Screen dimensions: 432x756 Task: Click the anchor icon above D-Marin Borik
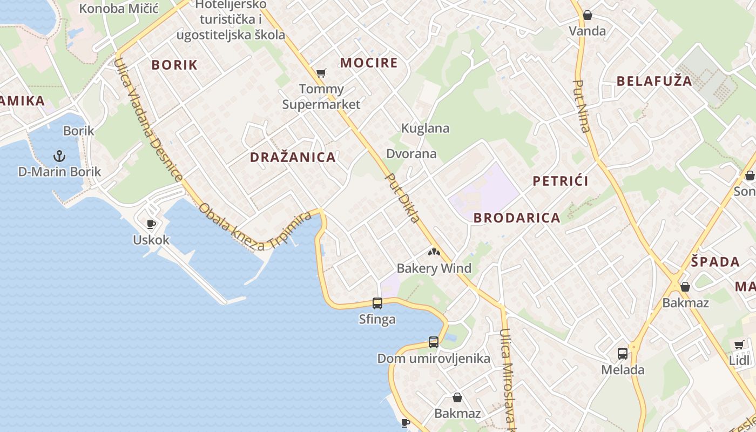tap(59, 157)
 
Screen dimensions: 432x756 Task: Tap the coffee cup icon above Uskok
tap(151, 224)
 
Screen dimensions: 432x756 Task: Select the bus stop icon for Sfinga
tap(377, 303)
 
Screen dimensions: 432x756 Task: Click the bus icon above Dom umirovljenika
tap(434, 342)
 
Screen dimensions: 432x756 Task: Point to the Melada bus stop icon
tap(623, 354)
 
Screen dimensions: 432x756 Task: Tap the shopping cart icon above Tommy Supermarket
tap(321, 73)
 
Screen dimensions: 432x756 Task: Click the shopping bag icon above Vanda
tap(588, 15)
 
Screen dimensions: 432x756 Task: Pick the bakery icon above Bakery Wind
tap(434, 252)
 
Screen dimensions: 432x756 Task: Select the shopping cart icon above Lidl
tap(739, 345)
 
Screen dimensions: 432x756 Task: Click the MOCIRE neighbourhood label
tap(369, 63)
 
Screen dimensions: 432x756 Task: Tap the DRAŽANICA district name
tap(293, 158)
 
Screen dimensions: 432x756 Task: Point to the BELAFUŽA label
tap(654, 81)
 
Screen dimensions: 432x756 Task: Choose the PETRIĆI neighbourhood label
tap(561, 181)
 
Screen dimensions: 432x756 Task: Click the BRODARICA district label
tap(517, 218)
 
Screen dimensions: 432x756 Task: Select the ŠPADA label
tap(715, 262)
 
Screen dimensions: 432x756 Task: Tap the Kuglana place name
tap(425, 129)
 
